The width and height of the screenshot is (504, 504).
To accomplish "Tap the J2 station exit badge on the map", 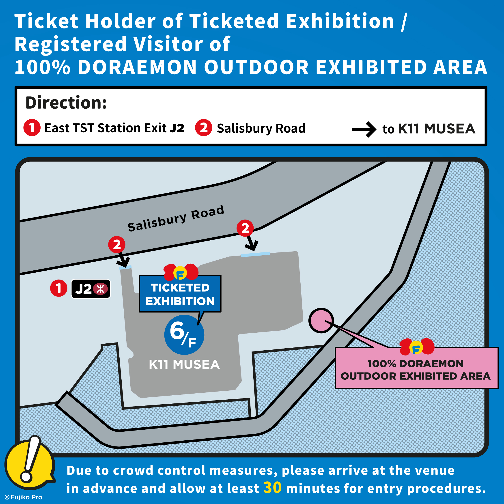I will click(x=91, y=289).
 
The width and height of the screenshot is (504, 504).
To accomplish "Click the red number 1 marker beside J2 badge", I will click(x=59, y=288).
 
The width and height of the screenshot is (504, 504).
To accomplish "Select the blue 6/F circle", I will click(x=184, y=335).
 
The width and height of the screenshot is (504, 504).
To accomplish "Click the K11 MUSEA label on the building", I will click(x=184, y=364).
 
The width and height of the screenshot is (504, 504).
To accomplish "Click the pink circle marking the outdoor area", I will click(x=321, y=320).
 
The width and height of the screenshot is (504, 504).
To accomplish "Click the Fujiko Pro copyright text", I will click(x=24, y=497).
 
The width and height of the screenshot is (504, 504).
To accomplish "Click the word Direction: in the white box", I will click(x=66, y=103).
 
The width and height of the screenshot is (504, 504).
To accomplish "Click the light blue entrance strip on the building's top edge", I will click(x=255, y=254).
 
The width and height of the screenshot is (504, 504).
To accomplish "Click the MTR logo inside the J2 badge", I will click(x=100, y=289).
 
